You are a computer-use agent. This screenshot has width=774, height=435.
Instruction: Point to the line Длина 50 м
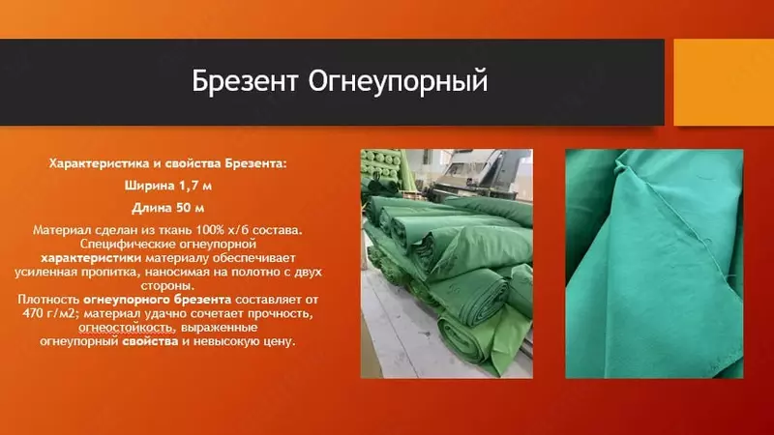coord(167,208)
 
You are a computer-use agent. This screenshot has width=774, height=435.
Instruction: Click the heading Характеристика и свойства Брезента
coord(167,164)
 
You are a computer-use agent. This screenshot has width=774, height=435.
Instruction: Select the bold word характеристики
coord(91,259)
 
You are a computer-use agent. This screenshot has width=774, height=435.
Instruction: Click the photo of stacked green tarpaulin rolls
coord(446,263)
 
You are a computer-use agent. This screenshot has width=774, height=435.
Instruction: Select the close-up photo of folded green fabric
coord(654,263)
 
